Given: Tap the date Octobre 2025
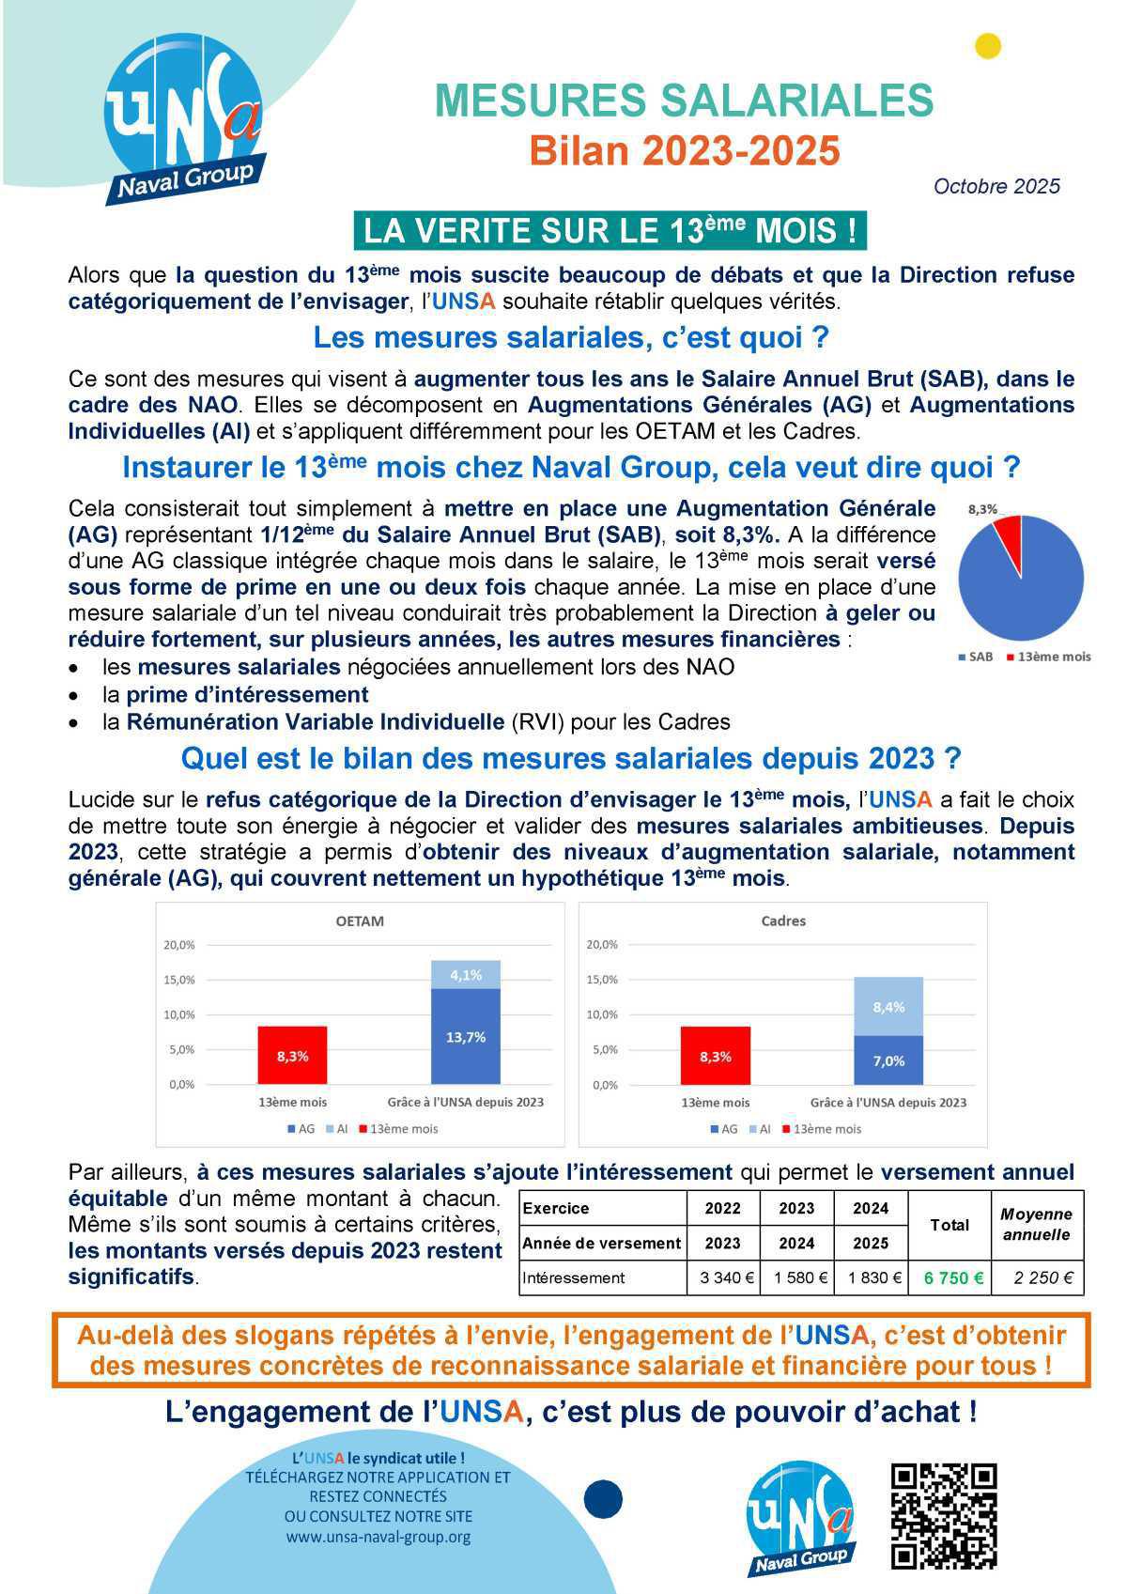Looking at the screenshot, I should point(996,186).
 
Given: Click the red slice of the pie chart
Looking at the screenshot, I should point(1009,538).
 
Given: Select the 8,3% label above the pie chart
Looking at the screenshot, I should point(982,509).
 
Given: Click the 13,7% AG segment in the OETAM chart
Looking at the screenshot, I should point(466,1037).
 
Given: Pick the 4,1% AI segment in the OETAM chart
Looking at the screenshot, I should point(466,975).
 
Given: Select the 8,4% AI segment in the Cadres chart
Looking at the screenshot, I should point(888,1007).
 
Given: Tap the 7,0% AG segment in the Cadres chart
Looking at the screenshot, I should point(888,1060).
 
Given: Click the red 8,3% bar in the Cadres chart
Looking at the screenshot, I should point(716,1056).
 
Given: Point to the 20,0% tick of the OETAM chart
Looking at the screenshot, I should point(179,945).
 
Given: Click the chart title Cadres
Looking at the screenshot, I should point(783,921).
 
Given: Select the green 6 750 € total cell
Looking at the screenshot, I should point(953,1277).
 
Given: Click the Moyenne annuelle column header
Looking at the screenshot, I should point(1037,1225).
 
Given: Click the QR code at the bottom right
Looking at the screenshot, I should point(944,1516).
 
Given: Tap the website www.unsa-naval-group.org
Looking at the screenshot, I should point(378,1537).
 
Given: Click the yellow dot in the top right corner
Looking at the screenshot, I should point(988,46).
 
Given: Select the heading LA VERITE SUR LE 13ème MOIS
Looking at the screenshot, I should point(610,230).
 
